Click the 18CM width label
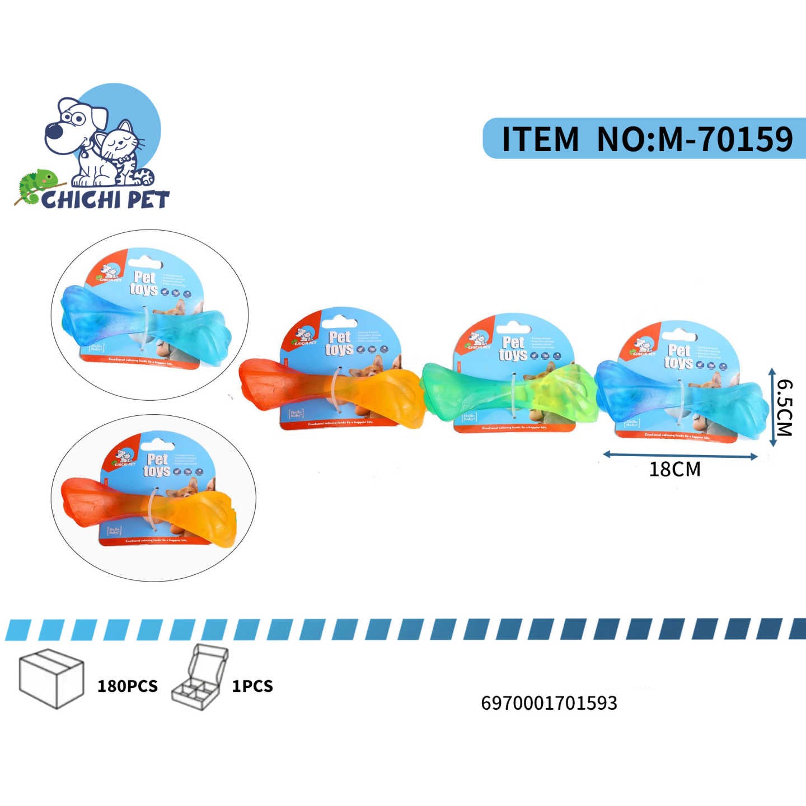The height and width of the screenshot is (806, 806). click(x=674, y=469)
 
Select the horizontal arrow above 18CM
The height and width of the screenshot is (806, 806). click(x=680, y=456)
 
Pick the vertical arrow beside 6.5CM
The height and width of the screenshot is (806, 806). click(x=772, y=407)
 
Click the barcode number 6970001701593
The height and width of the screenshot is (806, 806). click(x=549, y=703)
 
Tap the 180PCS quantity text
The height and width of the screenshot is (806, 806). click(x=128, y=686)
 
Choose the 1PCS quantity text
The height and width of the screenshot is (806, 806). click(x=252, y=686)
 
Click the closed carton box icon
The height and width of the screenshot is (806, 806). click(x=51, y=678)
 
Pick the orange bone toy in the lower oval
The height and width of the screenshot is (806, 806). click(x=148, y=507)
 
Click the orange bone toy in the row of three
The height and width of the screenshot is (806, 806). click(x=330, y=389)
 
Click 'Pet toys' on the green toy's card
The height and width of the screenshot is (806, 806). click(x=513, y=349)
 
